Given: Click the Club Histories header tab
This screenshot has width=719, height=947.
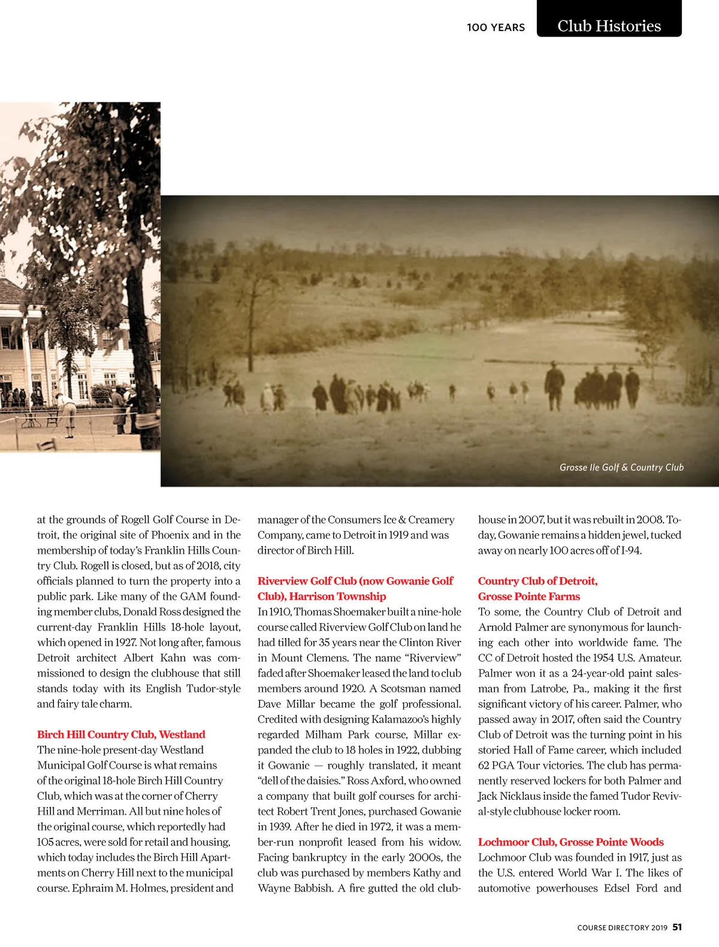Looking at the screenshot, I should [x=609, y=26].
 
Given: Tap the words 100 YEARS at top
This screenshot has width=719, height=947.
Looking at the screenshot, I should [x=496, y=28].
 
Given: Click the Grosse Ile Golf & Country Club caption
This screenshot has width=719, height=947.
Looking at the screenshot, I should [x=621, y=468].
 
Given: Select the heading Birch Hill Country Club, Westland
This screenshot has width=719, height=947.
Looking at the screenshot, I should [x=121, y=734].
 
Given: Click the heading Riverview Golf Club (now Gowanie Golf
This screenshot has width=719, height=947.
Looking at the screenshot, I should [x=355, y=581].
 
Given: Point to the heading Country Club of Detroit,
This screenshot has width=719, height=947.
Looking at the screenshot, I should [x=537, y=581].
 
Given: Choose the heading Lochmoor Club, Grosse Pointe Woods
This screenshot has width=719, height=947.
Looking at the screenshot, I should [x=570, y=842].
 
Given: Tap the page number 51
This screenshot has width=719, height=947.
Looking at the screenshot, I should [x=677, y=927].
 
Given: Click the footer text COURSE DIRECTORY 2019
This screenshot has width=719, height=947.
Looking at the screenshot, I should [x=622, y=928].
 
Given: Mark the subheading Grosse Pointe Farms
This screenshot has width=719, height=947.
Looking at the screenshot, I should [x=528, y=596].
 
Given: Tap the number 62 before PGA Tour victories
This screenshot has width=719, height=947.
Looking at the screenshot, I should [x=485, y=766].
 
